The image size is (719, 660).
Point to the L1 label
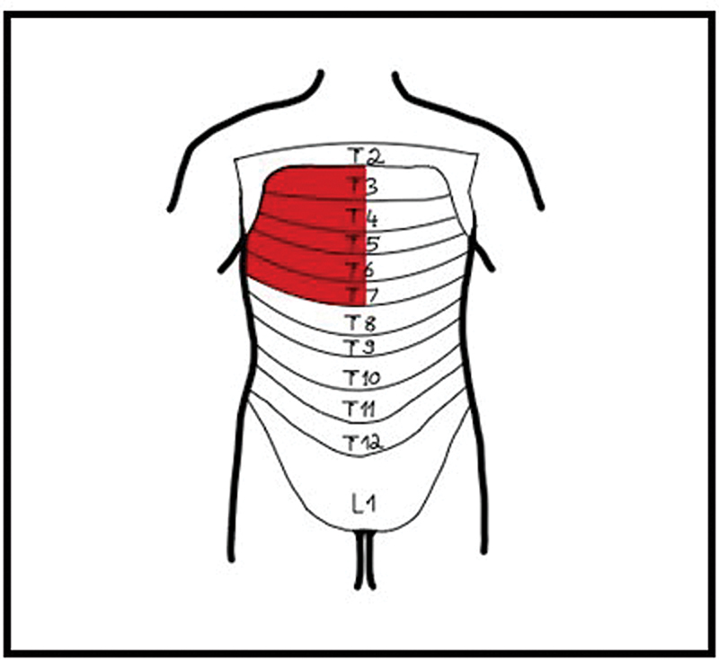coord(363,504)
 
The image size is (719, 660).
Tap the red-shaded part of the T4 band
coord(297,214)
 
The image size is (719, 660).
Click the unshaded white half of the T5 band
coord(422,241)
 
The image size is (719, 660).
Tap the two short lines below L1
coord(363,557)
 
